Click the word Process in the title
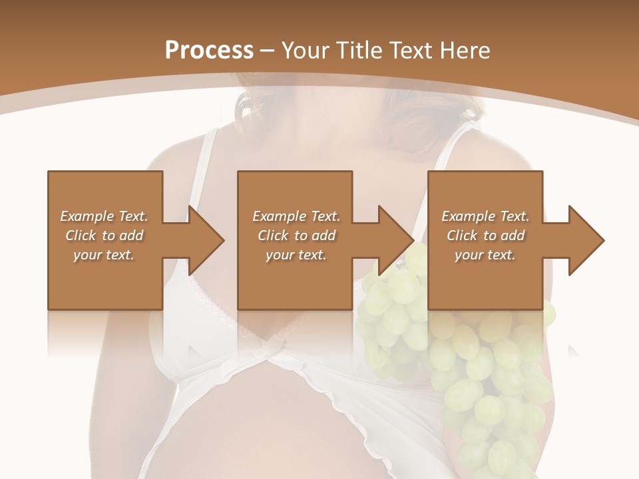tap(209, 51)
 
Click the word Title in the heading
tap(357, 51)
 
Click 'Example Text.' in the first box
tap(104, 216)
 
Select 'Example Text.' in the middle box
tap(296, 216)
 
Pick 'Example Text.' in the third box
tap(485, 216)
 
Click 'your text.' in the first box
tap(104, 255)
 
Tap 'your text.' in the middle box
tap(296, 255)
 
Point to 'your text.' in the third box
tap(485, 255)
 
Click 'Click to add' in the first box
tap(104, 236)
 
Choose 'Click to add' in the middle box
tap(296, 236)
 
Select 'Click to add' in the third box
tap(485, 236)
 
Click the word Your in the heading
tap(305, 51)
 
